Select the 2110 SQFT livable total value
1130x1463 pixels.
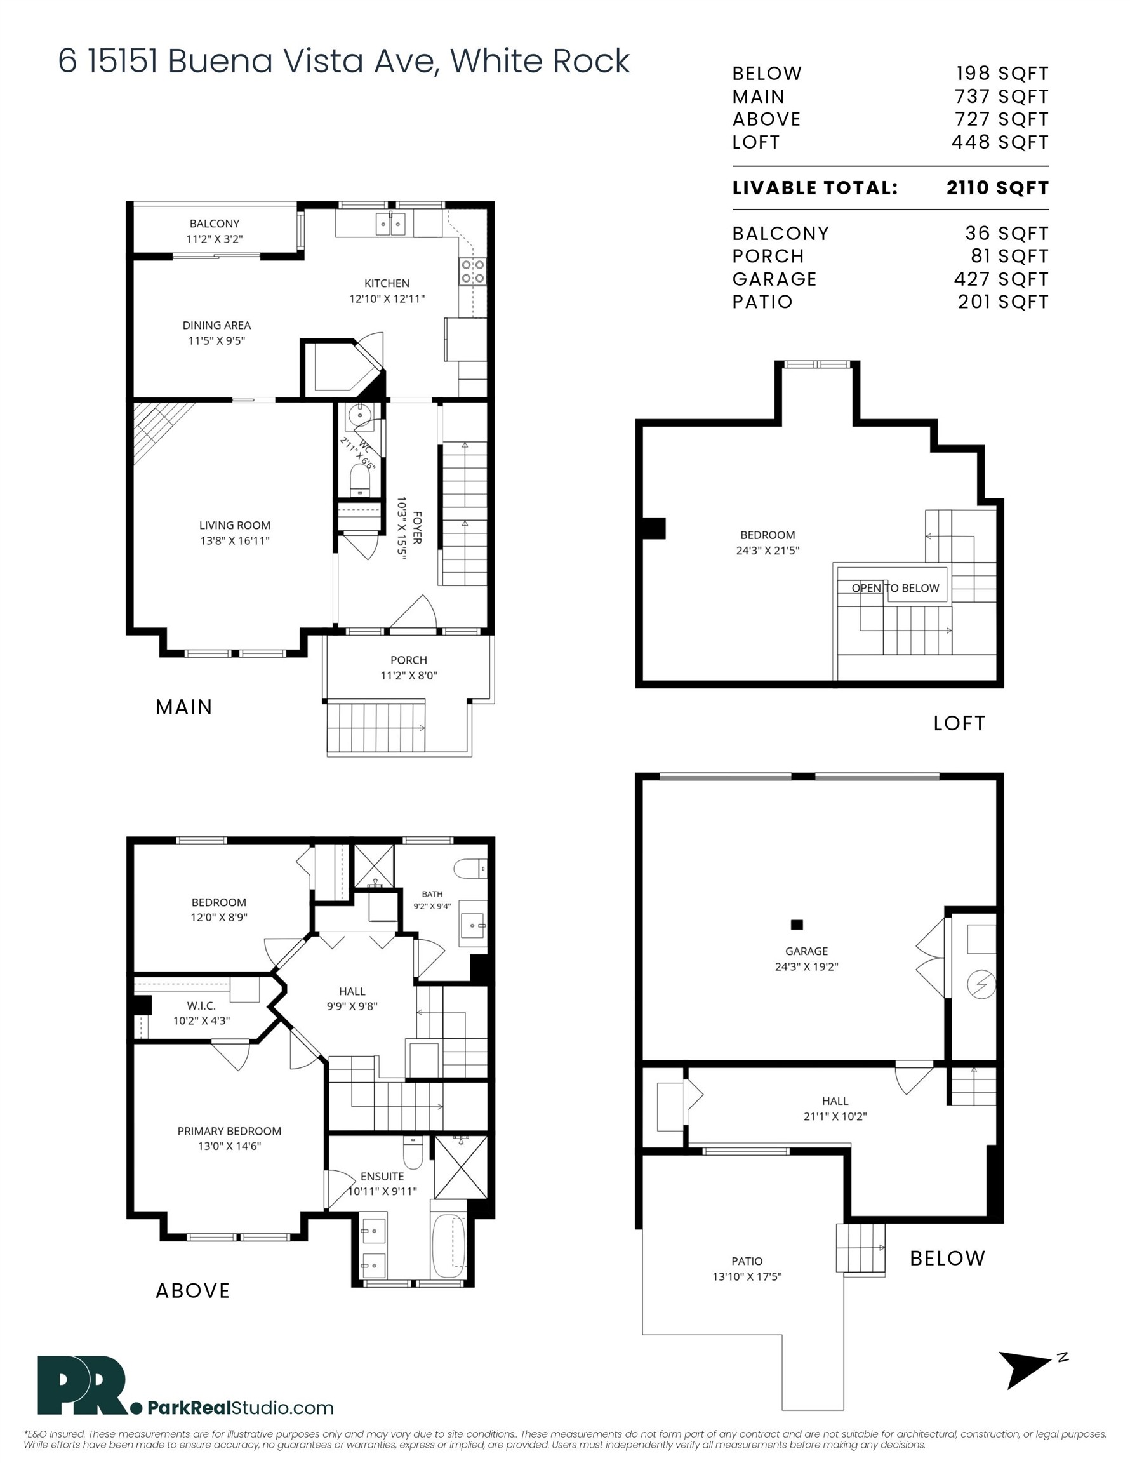pyautogui.click(x=997, y=187)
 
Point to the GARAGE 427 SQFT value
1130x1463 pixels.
pyautogui.click(x=1001, y=279)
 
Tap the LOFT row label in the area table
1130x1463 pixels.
pyautogui.click(x=755, y=142)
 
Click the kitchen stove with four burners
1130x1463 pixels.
pyautogui.click(x=472, y=271)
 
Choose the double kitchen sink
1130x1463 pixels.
pyautogui.click(x=390, y=224)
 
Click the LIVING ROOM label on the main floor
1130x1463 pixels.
pyautogui.click(x=234, y=525)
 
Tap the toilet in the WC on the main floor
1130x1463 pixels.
pyautogui.click(x=360, y=479)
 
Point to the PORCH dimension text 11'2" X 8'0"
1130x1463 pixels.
pyautogui.click(x=409, y=675)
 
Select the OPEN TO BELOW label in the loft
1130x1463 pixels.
pyautogui.click(x=896, y=588)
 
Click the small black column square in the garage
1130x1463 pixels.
pyautogui.click(x=797, y=925)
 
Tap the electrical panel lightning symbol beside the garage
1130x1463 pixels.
pyautogui.click(x=982, y=984)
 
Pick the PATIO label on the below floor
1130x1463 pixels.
pyautogui.click(x=747, y=1260)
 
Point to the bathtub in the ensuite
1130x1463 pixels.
pyautogui.click(x=449, y=1247)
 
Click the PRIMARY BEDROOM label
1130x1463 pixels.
pyautogui.click(x=229, y=1131)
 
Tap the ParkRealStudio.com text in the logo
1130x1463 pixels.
pyautogui.click(x=241, y=1407)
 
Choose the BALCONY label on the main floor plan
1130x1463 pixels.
pyautogui.click(x=215, y=224)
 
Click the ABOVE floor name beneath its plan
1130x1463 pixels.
pyautogui.click(x=192, y=1291)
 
